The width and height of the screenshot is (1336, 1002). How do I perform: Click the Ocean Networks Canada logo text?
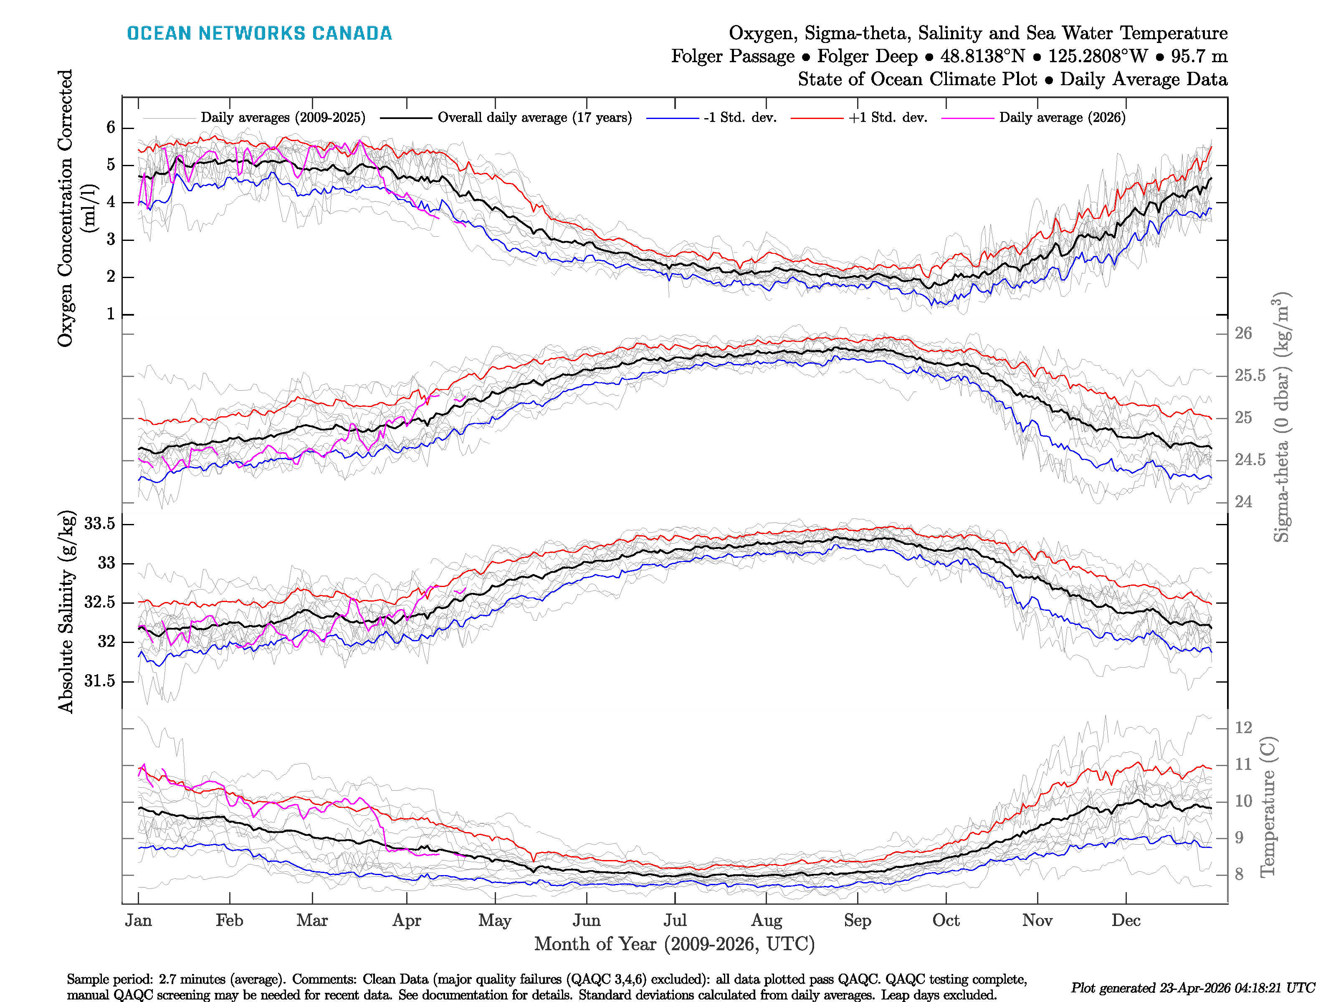tap(259, 33)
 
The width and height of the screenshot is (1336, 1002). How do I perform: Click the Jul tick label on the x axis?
tap(675, 921)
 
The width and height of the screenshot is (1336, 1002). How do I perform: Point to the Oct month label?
tap(945, 921)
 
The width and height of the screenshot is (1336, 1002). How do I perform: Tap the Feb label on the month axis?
tap(230, 921)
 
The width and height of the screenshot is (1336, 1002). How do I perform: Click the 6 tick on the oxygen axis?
tap(111, 127)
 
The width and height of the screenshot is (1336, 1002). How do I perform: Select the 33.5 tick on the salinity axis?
tap(100, 524)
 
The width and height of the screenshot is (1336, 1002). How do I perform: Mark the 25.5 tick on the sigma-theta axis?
tap(1250, 376)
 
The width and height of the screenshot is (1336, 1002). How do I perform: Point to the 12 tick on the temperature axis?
tap(1243, 727)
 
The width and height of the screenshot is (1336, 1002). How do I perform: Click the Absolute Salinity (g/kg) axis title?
tap(66, 611)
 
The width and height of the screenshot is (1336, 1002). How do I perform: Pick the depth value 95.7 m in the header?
tap(1199, 56)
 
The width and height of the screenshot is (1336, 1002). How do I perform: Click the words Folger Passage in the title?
tap(733, 56)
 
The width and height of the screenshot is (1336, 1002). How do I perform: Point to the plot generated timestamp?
tap(1192, 987)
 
